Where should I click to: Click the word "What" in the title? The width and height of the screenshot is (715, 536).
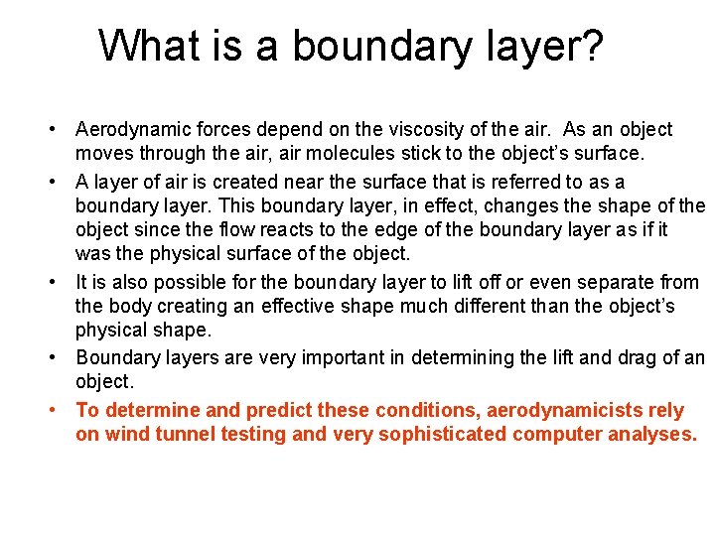coord(145,46)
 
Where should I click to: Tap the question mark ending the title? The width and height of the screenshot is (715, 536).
coord(593,46)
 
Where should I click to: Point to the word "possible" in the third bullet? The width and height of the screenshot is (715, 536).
coord(199,283)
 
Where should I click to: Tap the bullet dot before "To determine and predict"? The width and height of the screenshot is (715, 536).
coord(63,410)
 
